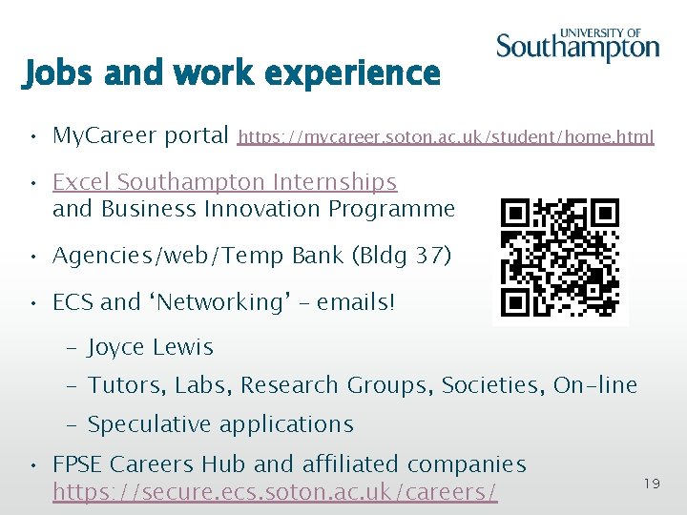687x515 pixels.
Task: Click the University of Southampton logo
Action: point(577,45)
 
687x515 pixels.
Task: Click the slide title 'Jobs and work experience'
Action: point(231,72)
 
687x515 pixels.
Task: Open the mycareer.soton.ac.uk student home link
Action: point(446,137)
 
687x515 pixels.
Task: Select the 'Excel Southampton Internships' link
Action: point(224,181)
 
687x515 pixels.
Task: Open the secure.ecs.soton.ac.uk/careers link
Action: point(275,492)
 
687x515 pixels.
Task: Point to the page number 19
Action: point(652,484)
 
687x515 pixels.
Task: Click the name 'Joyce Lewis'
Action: point(151,347)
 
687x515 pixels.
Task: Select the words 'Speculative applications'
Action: point(220,424)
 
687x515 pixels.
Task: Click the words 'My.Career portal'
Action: point(140,135)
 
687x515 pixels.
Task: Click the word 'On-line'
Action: point(595,385)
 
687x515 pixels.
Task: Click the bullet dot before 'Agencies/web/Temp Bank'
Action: point(33,257)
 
